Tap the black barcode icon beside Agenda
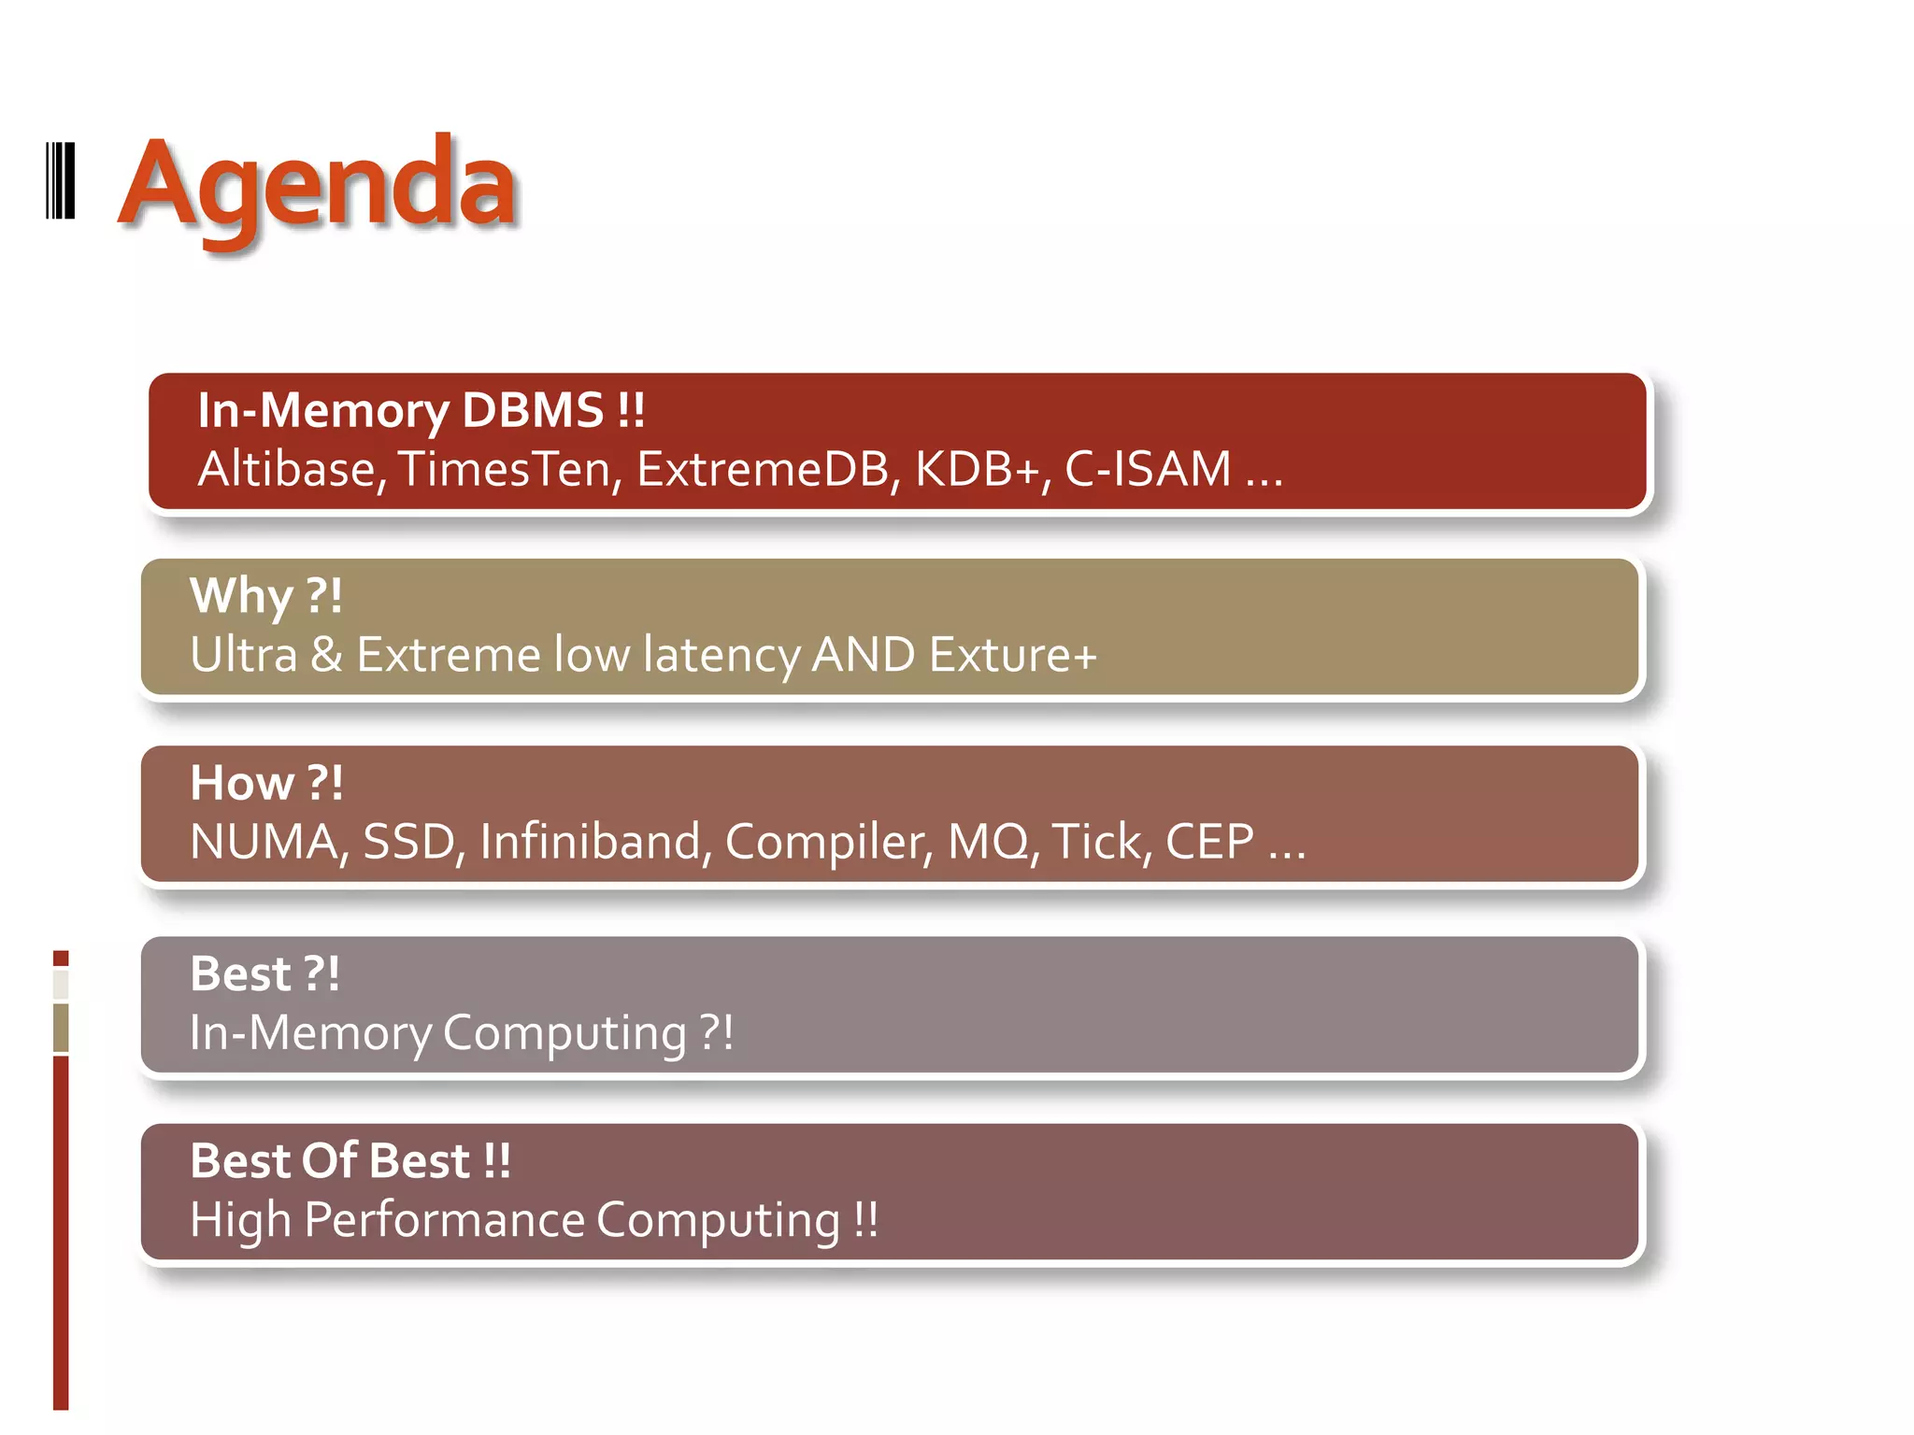pos(61,181)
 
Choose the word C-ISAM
pos(1148,469)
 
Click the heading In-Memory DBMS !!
pos(421,410)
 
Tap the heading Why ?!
pos(266,596)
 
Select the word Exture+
pos(1013,655)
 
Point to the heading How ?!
pos(266,783)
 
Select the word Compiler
pos(828,842)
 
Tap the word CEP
pos(1209,842)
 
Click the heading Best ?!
pos(264,973)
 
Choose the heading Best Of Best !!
pos(350,1161)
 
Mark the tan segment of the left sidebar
pos(61,1028)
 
